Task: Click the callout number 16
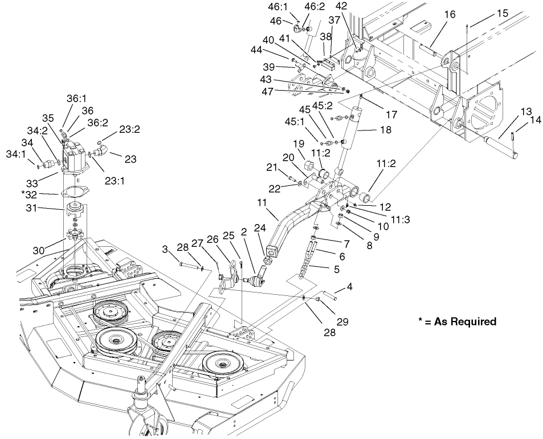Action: pyautogui.click(x=450, y=14)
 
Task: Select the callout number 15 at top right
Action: pyautogui.click(x=503, y=13)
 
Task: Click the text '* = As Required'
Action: pyautogui.click(x=457, y=322)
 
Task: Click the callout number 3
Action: pyautogui.click(x=165, y=249)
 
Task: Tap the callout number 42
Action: pyautogui.click(x=357, y=6)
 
